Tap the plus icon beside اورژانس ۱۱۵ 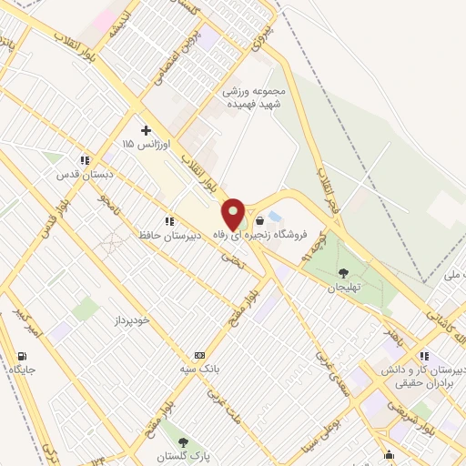point(145,130)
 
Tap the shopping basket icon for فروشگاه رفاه point(260,220)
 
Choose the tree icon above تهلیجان point(343,272)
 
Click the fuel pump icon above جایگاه point(22,356)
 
